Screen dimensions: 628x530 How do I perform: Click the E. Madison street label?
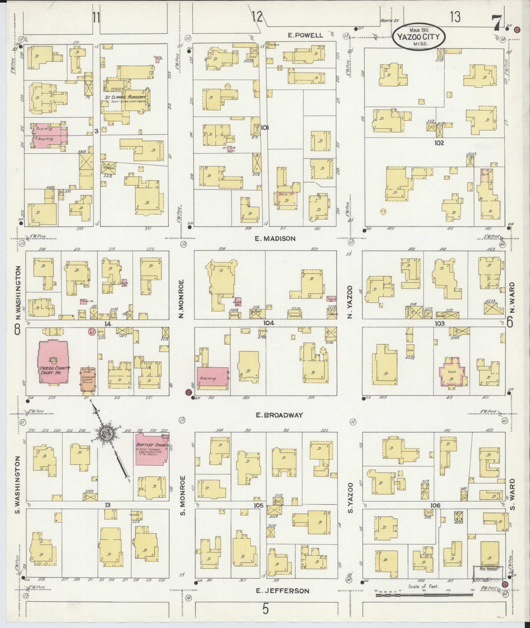click(x=275, y=239)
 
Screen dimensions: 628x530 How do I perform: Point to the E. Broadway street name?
click(x=279, y=415)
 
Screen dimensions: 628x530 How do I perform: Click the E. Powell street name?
click(x=305, y=35)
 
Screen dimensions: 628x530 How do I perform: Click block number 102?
click(x=439, y=143)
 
